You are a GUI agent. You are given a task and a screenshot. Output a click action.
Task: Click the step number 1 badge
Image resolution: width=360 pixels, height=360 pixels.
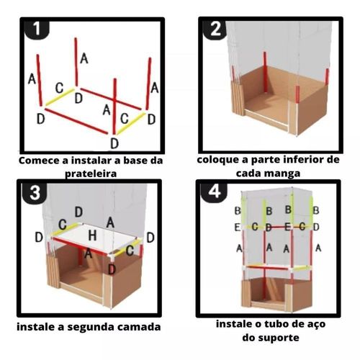click(37, 29)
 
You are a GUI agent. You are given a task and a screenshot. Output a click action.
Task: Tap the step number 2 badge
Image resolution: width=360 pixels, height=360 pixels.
click(215, 29)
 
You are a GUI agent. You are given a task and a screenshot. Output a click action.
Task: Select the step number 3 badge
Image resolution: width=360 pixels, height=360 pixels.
click(35, 192)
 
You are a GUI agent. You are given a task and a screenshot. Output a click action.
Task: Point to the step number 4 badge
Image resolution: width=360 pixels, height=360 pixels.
click(215, 192)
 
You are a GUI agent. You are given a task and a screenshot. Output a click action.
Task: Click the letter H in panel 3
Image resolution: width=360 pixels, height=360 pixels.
click(92, 235)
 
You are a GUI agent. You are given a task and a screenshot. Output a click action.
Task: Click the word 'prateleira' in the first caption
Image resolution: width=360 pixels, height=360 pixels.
click(91, 174)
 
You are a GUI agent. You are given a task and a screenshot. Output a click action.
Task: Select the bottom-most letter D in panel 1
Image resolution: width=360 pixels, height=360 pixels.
click(114, 143)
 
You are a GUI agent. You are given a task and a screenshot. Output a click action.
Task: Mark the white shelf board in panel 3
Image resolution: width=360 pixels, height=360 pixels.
click(94, 238)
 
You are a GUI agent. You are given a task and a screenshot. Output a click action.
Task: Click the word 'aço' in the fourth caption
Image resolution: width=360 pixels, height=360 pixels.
click(316, 325)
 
